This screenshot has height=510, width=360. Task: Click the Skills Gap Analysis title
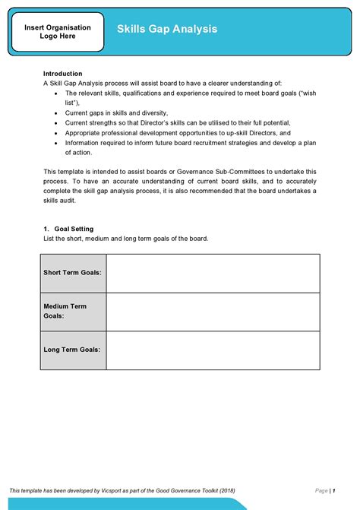pyautogui.click(x=166, y=29)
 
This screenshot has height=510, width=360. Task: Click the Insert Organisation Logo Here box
pyautogui.click(x=58, y=32)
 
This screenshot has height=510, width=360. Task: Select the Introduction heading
pyautogui.click(x=62, y=74)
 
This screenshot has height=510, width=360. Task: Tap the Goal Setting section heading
pyautogui.click(x=74, y=229)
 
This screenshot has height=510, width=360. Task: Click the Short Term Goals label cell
pyautogui.click(x=73, y=273)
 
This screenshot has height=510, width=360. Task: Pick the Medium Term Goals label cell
pyautogui.click(x=73, y=311)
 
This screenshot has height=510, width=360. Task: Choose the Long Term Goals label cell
pyautogui.click(x=73, y=350)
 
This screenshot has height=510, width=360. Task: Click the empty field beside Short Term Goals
pyautogui.click(x=213, y=273)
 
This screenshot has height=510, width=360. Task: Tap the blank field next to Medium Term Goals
pyautogui.click(x=213, y=311)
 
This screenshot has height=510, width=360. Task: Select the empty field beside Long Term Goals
pyautogui.click(x=213, y=350)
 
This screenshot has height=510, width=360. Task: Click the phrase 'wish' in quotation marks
pyautogui.click(x=308, y=93)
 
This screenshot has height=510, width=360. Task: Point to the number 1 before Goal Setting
pyautogui.click(x=46, y=229)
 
